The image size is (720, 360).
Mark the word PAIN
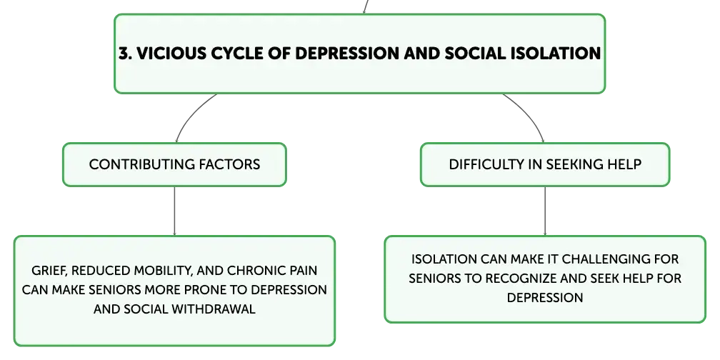(x=303, y=271)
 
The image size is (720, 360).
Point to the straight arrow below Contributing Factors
(x=174, y=211)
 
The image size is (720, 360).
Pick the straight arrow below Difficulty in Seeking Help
(x=545, y=211)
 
